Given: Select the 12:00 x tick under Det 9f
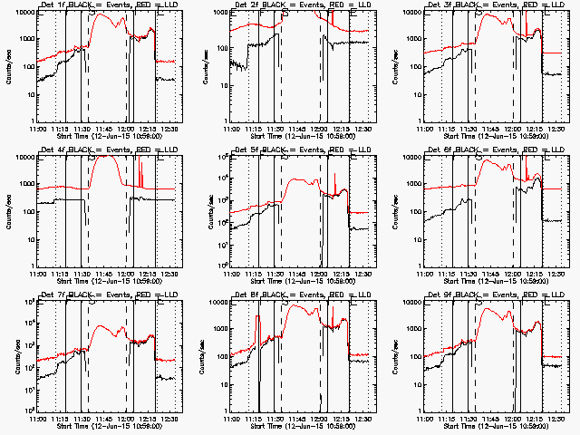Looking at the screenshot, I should (514, 420).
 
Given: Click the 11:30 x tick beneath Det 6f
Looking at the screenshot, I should (469, 275).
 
